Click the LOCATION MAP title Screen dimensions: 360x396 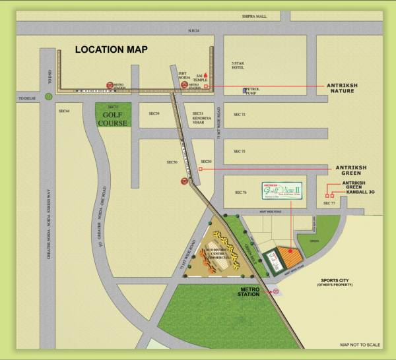coord(111,49)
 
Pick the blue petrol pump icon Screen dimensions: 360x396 coord(245,90)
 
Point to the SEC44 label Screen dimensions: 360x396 coord(65,113)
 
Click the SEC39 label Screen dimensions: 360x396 coord(154,113)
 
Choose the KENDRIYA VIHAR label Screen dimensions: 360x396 coord(199,119)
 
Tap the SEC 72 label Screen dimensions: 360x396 coord(239,114)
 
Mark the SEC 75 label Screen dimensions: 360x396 coord(239,152)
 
